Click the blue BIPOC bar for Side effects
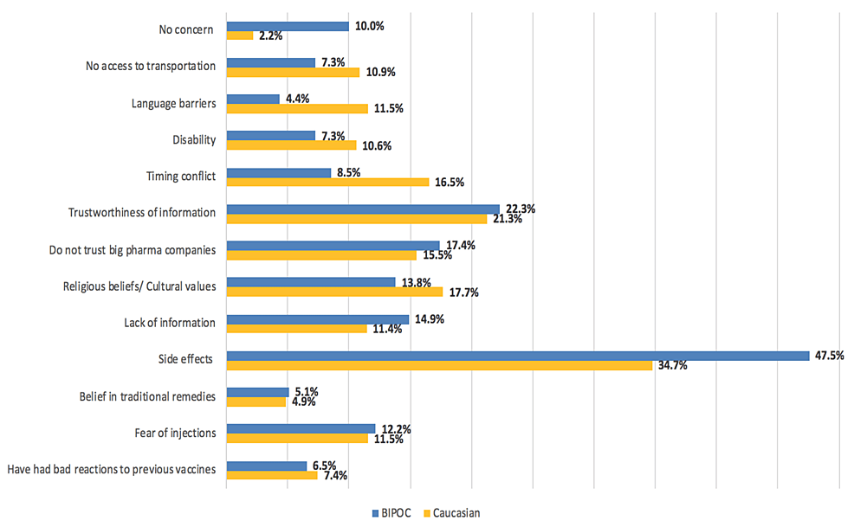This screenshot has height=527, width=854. click(517, 355)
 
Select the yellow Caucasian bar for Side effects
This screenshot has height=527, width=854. click(439, 365)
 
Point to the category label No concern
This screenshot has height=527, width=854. click(186, 30)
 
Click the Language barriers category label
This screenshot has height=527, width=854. click(172, 103)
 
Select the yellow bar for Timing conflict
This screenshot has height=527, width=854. click(327, 182)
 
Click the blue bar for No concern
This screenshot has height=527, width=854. click(287, 26)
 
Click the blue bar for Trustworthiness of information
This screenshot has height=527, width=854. click(363, 209)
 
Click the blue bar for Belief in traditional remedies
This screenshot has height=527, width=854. click(257, 392)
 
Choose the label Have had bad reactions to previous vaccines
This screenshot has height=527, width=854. click(111, 470)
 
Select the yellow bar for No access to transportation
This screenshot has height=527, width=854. click(293, 72)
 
